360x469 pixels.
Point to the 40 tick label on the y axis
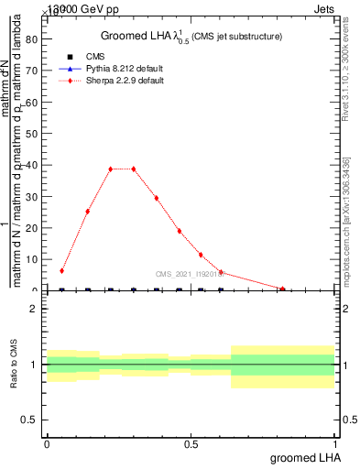[30, 165]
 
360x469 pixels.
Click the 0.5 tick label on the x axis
[191, 444]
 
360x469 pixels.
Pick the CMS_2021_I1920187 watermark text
[190, 273]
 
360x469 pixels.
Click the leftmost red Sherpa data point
[61, 271]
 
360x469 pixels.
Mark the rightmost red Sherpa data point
[285, 289]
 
